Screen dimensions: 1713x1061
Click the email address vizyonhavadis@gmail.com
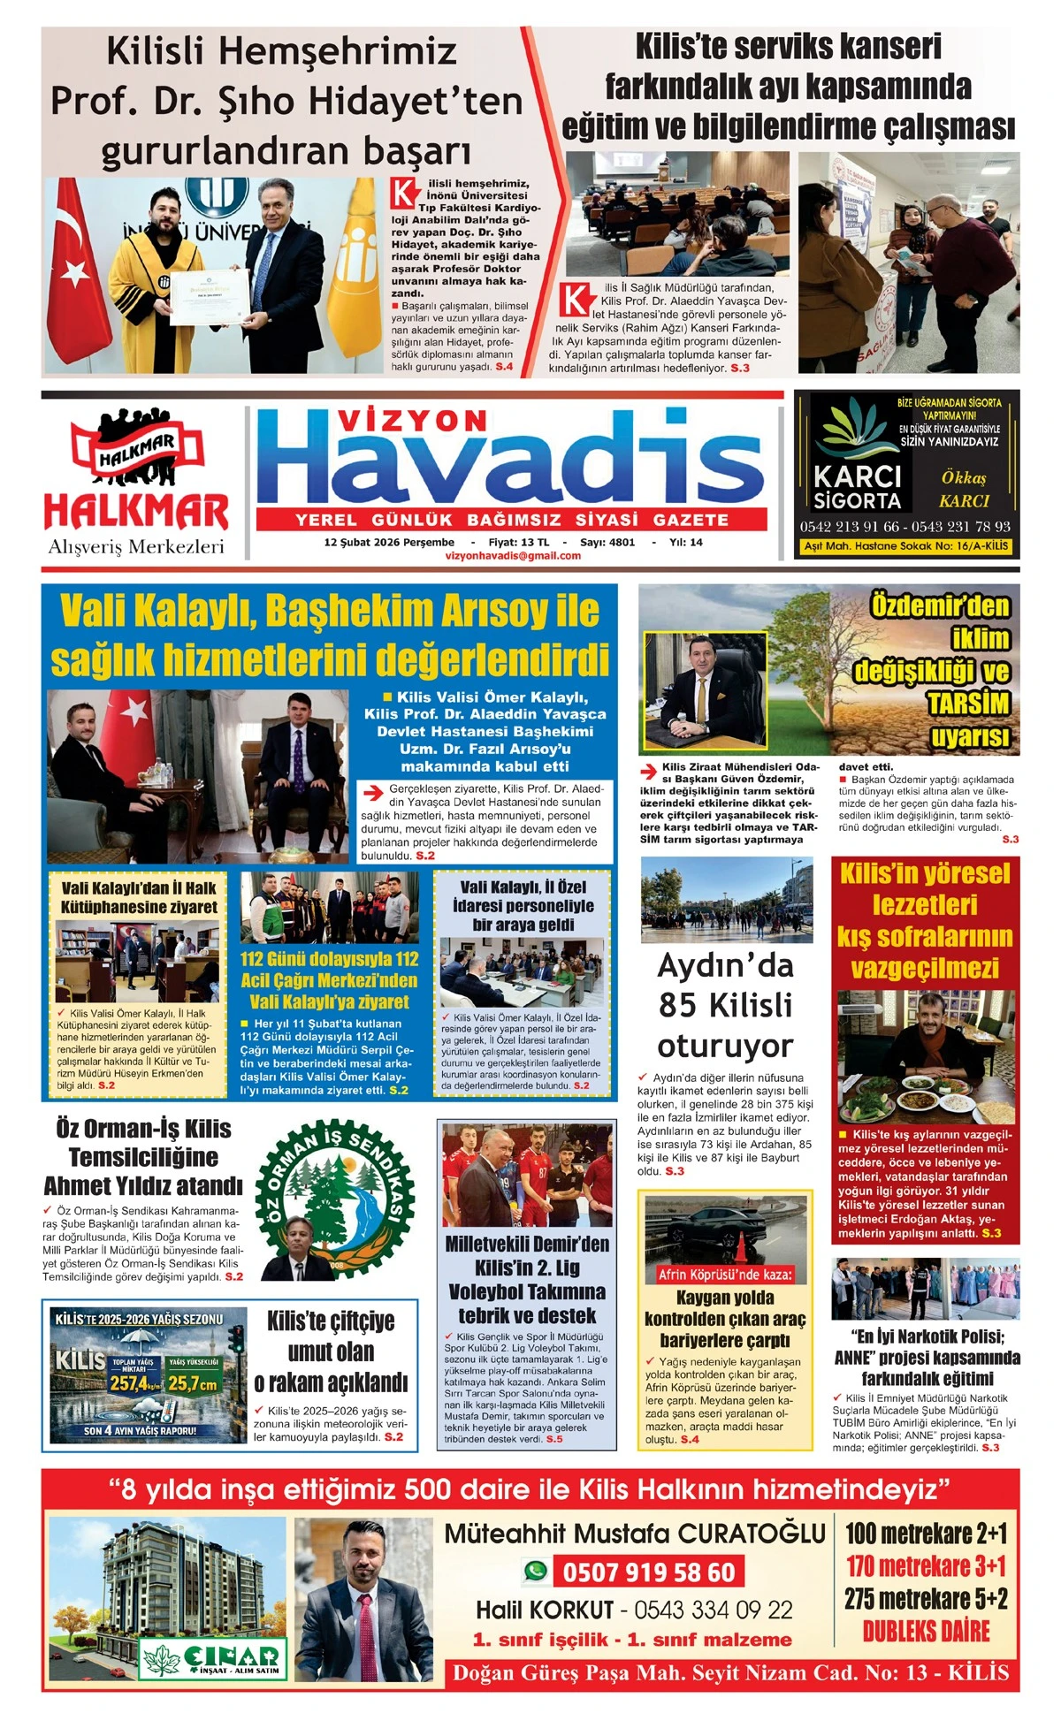[514, 556]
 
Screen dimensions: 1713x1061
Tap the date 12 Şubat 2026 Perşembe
[389, 542]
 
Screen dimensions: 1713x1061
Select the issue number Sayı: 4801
[607, 542]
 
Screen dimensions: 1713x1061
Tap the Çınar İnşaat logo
[213, 1660]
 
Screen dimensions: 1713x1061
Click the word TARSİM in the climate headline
[967, 704]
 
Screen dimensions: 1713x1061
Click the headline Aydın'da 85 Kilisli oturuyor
[725, 1005]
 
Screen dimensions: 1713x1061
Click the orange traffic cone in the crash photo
[741, 1247]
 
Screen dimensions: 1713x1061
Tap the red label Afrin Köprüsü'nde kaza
[725, 1274]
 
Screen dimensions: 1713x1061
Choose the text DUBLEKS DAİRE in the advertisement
[926, 1631]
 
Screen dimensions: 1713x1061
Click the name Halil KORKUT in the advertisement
[545, 1610]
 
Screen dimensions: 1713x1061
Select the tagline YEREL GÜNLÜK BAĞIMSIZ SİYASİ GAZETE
[512, 520]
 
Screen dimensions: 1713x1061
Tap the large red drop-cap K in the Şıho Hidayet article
[404, 193]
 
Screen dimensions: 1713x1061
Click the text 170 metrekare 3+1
[926, 1565]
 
